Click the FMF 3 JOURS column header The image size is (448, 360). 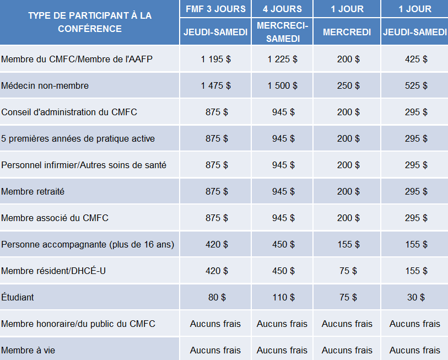pyautogui.click(x=215, y=9)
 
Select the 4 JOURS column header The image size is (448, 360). pyautogui.click(x=282, y=9)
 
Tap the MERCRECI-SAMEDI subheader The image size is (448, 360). pyautogui.click(x=283, y=32)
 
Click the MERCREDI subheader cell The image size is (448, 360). pyautogui.click(x=347, y=32)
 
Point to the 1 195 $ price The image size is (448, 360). pyautogui.click(x=215, y=59)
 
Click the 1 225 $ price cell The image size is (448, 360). pyautogui.click(x=282, y=59)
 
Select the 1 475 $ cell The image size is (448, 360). pyautogui.click(x=215, y=85)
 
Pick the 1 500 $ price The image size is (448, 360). pyautogui.click(x=282, y=85)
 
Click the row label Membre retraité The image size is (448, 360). pyautogui.click(x=33, y=191)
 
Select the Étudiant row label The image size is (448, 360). pyautogui.click(x=18, y=297)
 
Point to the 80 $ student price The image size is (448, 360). pyautogui.click(x=217, y=297)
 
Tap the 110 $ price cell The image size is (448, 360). pyautogui.click(x=283, y=297)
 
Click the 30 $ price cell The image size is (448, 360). pyautogui.click(x=416, y=297)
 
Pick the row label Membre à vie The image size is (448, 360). pyautogui.click(x=28, y=350)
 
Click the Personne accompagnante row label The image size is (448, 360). pyautogui.click(x=88, y=244)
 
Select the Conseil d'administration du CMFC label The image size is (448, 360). pyautogui.click(x=69, y=112)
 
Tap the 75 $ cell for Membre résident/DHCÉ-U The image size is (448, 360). pyautogui.click(x=348, y=271)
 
